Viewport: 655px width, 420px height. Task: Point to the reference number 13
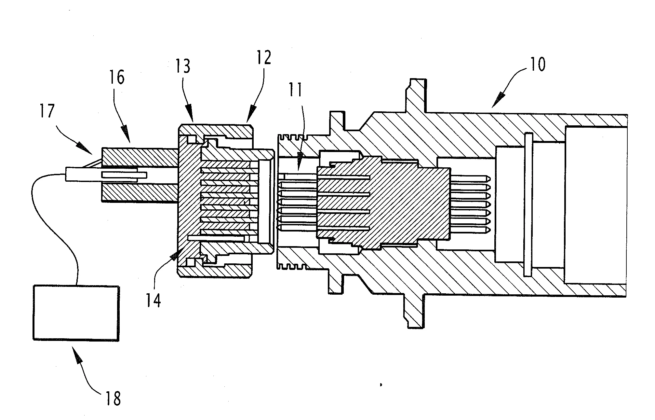click(x=183, y=66)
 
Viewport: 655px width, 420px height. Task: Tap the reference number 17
click(x=47, y=110)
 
